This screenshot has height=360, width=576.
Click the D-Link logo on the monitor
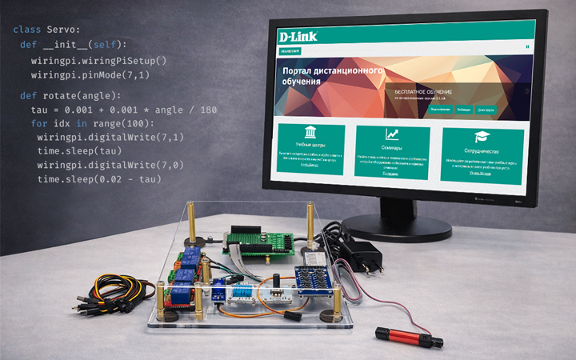297,36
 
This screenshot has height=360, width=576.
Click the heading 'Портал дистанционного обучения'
332,76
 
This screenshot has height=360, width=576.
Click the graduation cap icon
482,137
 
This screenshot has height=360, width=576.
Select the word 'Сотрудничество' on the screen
482,150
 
